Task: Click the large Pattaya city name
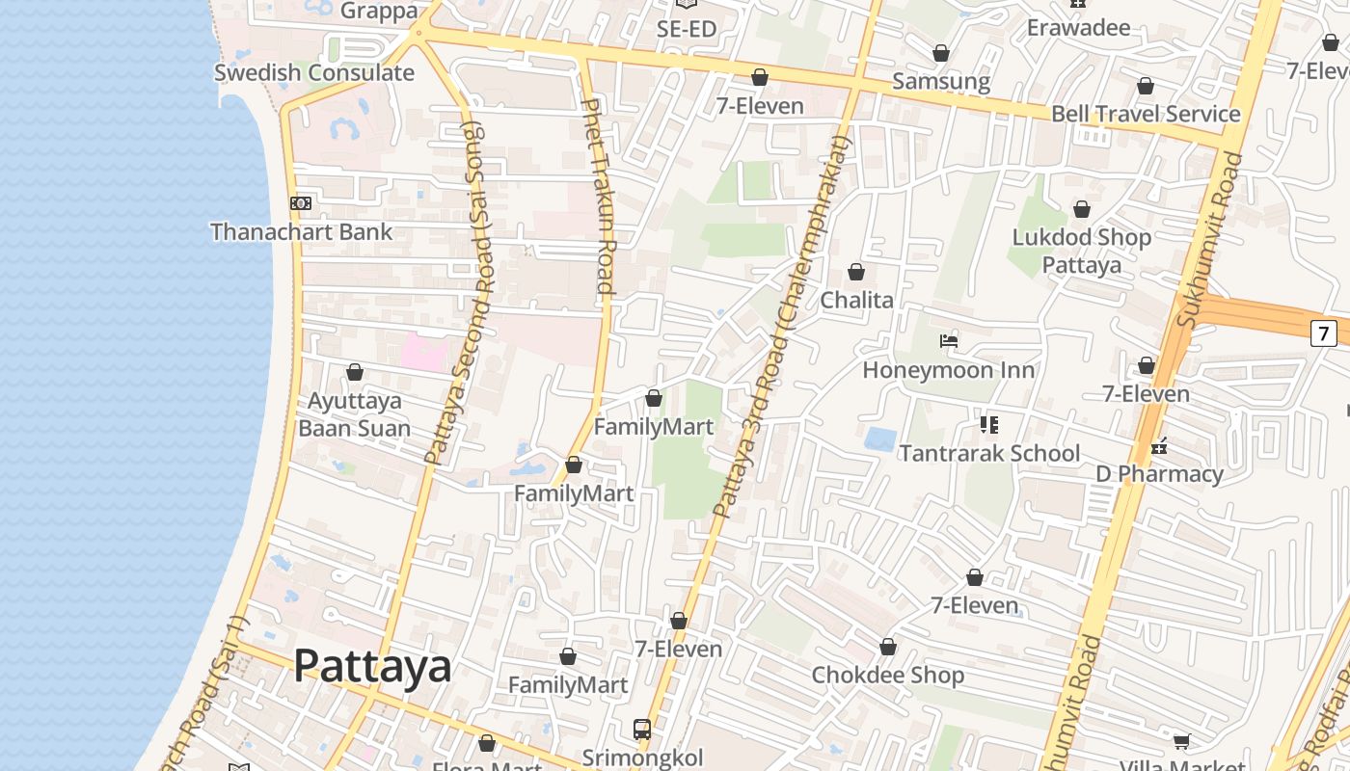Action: (x=372, y=666)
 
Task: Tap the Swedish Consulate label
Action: (x=313, y=72)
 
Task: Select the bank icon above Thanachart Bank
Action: (x=301, y=203)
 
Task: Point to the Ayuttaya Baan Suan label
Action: (x=354, y=414)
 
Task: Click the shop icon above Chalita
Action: (x=856, y=273)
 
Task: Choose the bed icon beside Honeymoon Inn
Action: (x=949, y=341)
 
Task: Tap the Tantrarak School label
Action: (x=989, y=453)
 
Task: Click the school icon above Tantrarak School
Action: (x=988, y=424)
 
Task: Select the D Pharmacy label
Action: (x=1159, y=474)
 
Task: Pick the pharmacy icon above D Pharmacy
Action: (x=1159, y=445)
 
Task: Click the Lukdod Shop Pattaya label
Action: (x=1081, y=251)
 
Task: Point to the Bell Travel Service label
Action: (x=1146, y=114)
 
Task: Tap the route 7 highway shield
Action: (x=1324, y=333)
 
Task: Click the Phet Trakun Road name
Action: (x=599, y=197)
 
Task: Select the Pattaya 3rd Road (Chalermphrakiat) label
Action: (x=783, y=328)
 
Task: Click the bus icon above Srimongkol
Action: (x=642, y=729)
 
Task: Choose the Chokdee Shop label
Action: (x=887, y=675)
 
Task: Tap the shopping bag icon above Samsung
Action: (x=941, y=53)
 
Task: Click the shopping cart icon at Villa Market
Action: (x=1181, y=741)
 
